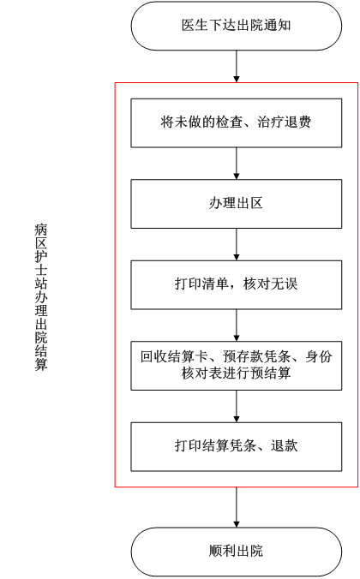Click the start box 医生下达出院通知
[237, 26]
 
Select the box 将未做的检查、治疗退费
[237, 123]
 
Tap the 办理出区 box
[237, 204]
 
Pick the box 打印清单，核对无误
[237, 284]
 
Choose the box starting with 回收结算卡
[237, 366]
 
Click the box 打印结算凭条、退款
[237, 446]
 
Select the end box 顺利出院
[237, 552]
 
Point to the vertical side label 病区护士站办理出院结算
[41, 297]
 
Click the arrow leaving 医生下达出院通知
[237, 67]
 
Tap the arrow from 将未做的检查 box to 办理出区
[237, 164]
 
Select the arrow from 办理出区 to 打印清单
[237, 244]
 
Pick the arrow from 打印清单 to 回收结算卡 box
[237, 325]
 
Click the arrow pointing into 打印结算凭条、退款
[237, 406]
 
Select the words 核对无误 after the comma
[271, 284]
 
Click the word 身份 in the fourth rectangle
[319, 356]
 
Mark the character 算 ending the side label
[41, 364]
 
